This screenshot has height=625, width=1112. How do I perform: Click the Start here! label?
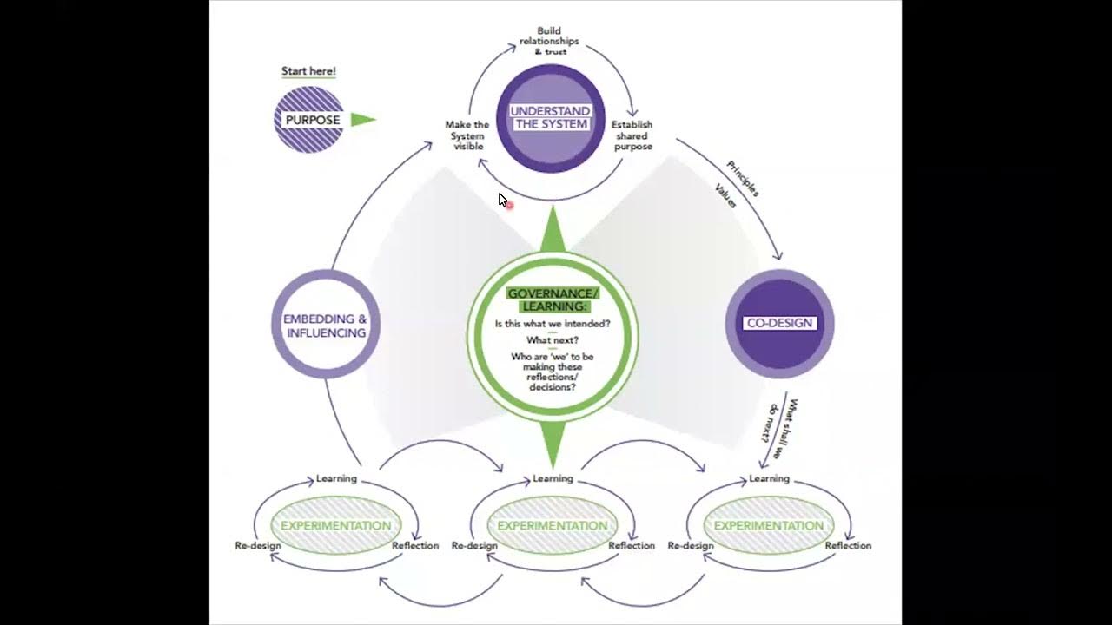pos(308,71)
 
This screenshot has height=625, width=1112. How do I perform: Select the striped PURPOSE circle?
pos(309,120)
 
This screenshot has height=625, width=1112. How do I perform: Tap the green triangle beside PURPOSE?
pos(362,120)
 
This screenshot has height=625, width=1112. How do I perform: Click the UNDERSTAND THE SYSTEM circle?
pos(550,118)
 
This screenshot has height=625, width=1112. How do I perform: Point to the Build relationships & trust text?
pos(549,42)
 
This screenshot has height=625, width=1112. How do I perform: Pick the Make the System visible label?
pos(467,135)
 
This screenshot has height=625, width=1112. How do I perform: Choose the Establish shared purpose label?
pos(632,135)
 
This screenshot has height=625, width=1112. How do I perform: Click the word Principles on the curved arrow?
pos(743,179)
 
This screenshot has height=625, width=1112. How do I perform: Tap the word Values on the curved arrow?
pos(725,195)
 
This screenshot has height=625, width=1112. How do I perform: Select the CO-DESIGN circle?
pos(779,323)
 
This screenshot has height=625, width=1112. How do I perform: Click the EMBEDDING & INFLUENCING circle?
pos(325,325)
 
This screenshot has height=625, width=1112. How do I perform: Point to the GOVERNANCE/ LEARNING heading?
pos(553,299)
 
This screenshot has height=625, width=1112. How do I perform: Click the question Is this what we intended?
pos(553,324)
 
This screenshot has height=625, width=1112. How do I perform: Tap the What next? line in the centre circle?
pos(553,340)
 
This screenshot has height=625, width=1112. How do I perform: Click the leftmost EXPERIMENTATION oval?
pos(335,525)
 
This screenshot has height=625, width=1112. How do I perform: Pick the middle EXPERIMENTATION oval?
pos(553,525)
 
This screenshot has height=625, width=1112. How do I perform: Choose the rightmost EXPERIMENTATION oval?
pos(768,525)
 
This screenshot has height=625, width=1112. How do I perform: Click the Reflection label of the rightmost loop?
pos(848,545)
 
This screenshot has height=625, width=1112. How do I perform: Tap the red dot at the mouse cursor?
pos(508,205)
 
